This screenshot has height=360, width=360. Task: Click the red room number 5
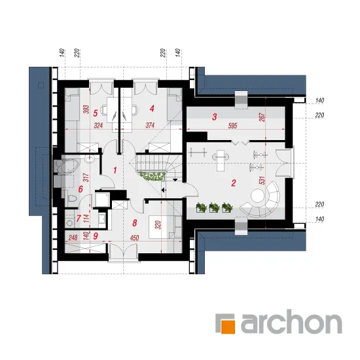coord(96,113)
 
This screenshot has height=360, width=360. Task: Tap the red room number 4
coord(152,109)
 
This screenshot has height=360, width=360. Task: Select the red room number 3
coord(215,117)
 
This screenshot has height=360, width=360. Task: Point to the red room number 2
coord(234,183)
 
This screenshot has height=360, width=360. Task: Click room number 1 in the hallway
coord(115,170)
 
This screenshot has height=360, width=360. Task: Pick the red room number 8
coord(135,223)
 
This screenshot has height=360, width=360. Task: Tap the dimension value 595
coord(232,126)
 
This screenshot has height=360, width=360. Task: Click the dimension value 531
coord(262,181)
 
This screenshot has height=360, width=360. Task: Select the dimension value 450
coord(134,238)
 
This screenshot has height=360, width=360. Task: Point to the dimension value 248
coord(73,237)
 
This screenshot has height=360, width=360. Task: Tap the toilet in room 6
coord(72,198)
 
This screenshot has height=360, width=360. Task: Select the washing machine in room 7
coord(69,222)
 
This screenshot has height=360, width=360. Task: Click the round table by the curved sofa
coord(258,196)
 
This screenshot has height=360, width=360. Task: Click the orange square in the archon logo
coord(228,326)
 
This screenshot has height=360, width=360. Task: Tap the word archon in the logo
coord(291,322)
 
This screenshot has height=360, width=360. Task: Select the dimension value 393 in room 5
coord(86,110)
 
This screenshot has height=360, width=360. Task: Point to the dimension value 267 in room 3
coord(262,117)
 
